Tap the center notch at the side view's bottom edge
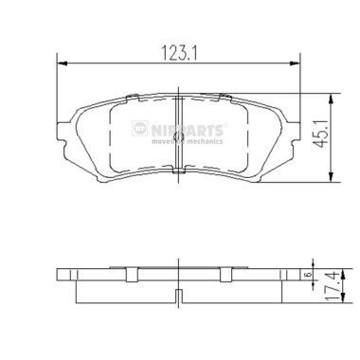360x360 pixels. click(x=179, y=300)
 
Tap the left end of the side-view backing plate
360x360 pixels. click(x=58, y=279)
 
